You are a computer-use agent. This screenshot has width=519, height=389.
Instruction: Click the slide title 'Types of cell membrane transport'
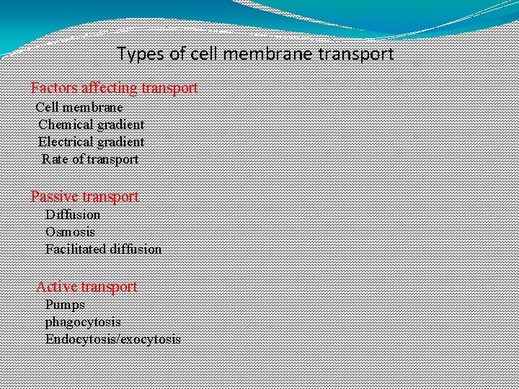point(255,54)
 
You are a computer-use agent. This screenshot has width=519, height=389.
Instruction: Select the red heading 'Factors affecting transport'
point(114,88)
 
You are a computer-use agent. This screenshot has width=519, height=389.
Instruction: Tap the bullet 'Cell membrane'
point(79,107)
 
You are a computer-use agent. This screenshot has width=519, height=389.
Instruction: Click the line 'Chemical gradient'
point(91,125)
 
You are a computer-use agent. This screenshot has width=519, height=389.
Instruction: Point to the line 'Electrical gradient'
point(91,142)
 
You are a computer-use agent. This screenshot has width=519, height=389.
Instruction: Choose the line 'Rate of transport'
point(90,159)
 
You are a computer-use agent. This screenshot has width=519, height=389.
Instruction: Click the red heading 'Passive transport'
point(84,196)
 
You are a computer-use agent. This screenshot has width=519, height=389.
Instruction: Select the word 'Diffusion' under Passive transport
point(73,215)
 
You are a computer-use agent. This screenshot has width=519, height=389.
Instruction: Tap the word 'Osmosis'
point(70,232)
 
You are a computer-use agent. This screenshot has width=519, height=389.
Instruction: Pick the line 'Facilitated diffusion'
point(103,249)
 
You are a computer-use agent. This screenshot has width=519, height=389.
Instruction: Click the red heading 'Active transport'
point(86,287)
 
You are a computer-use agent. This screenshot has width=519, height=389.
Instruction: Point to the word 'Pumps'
point(65,305)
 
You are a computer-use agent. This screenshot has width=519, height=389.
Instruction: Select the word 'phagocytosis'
point(83,322)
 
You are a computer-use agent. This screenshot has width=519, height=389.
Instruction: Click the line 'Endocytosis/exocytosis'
point(112,339)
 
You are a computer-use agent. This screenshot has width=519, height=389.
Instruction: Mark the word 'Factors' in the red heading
point(54,88)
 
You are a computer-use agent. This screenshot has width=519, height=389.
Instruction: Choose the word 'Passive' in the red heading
point(55,196)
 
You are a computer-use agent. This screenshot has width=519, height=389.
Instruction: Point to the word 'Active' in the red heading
point(56,287)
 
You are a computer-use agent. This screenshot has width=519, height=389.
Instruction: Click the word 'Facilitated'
point(75,249)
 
